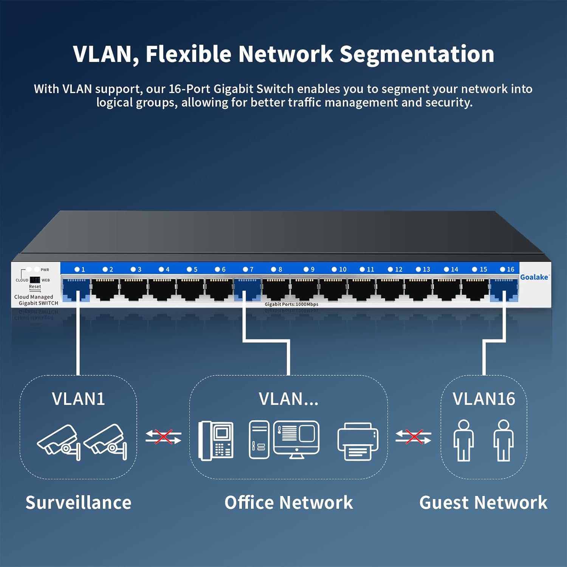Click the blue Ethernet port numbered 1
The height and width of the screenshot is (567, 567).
point(76,290)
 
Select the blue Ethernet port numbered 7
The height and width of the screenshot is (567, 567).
point(247,290)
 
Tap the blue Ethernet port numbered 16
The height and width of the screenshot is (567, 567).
point(503,290)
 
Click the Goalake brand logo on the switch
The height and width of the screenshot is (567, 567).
point(534,277)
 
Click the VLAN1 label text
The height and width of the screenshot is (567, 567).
point(78,399)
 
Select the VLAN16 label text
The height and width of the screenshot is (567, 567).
point(484,399)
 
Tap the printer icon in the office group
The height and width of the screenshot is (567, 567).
point(358,441)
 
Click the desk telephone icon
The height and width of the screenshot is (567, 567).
point(216,440)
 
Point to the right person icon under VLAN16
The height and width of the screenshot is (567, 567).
point(503,440)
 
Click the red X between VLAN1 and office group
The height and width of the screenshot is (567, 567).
point(163,437)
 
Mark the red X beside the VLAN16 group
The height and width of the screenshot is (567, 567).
point(414,437)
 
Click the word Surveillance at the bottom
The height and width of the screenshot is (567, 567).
point(78,503)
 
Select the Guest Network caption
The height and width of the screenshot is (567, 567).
point(483,503)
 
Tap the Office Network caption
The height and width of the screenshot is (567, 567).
point(289,503)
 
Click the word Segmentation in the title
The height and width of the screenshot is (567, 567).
point(417,54)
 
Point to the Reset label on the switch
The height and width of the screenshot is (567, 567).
point(35,287)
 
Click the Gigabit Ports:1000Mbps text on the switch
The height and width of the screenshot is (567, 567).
point(291,304)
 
